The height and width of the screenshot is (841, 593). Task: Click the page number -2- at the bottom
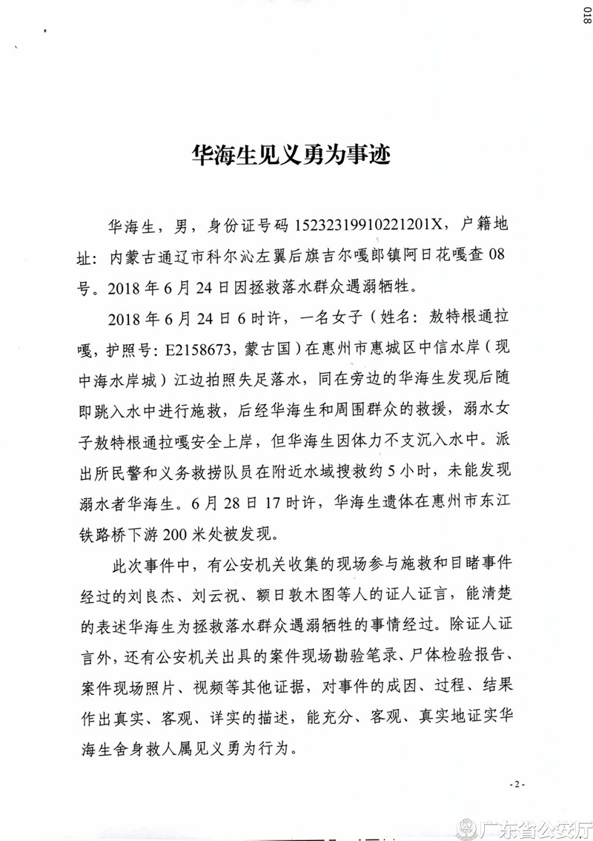pyautogui.click(x=517, y=784)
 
